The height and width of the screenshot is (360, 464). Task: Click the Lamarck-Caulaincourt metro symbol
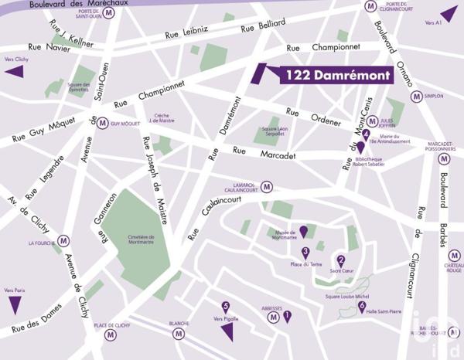click(x=267, y=186)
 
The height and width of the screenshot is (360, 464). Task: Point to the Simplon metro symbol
click(x=416, y=97)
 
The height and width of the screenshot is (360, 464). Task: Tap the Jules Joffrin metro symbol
click(x=372, y=121)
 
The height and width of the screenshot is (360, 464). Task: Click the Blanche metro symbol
click(x=179, y=334)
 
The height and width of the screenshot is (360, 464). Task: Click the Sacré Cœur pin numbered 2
click(x=341, y=261)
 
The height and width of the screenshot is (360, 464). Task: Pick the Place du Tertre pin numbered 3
click(x=305, y=253)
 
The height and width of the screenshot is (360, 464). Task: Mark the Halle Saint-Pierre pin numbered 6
click(x=362, y=306)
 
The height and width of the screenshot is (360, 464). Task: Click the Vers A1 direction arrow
click(x=448, y=13)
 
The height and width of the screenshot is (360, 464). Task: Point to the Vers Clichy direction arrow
click(x=14, y=72)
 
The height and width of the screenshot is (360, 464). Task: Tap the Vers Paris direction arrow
click(x=15, y=304)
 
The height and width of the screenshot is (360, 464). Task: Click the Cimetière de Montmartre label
click(x=141, y=239)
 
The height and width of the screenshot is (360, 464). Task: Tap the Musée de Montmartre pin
click(x=304, y=230)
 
